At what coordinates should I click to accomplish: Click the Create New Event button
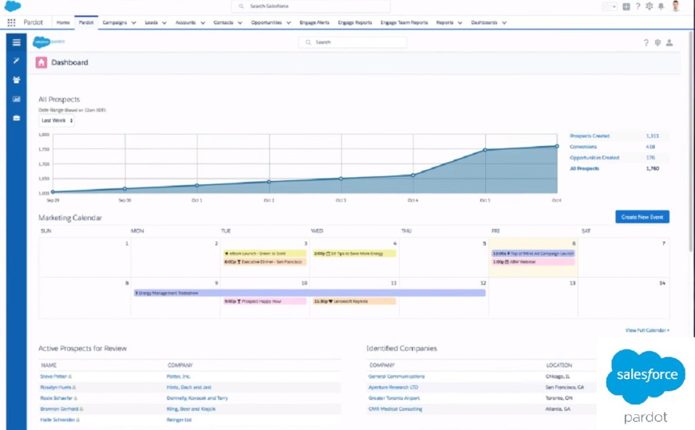tap(642, 217)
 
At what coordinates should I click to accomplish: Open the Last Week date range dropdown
tap(56, 120)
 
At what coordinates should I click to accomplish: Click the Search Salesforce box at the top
tap(311, 6)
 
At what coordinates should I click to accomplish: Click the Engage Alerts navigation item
tap(314, 22)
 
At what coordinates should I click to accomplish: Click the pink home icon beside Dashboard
tap(41, 62)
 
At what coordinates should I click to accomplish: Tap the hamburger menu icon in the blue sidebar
tap(16, 42)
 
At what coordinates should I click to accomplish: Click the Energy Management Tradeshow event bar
tap(309, 293)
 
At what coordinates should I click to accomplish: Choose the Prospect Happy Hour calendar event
tap(264, 301)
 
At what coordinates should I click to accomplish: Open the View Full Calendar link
tap(647, 330)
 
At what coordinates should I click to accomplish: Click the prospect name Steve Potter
tap(54, 376)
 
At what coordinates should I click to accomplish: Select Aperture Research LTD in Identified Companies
tap(394, 387)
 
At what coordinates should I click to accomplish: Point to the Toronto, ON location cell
tap(559, 398)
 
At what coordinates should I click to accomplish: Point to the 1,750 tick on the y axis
tap(43, 149)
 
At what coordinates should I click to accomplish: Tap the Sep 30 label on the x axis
tap(124, 200)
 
